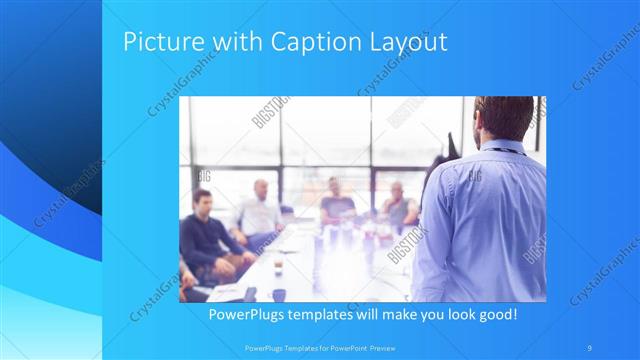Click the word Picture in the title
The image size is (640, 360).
(x=161, y=43)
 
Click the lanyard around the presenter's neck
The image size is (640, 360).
(x=509, y=150)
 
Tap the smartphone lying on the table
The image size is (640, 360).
(x=249, y=293)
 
